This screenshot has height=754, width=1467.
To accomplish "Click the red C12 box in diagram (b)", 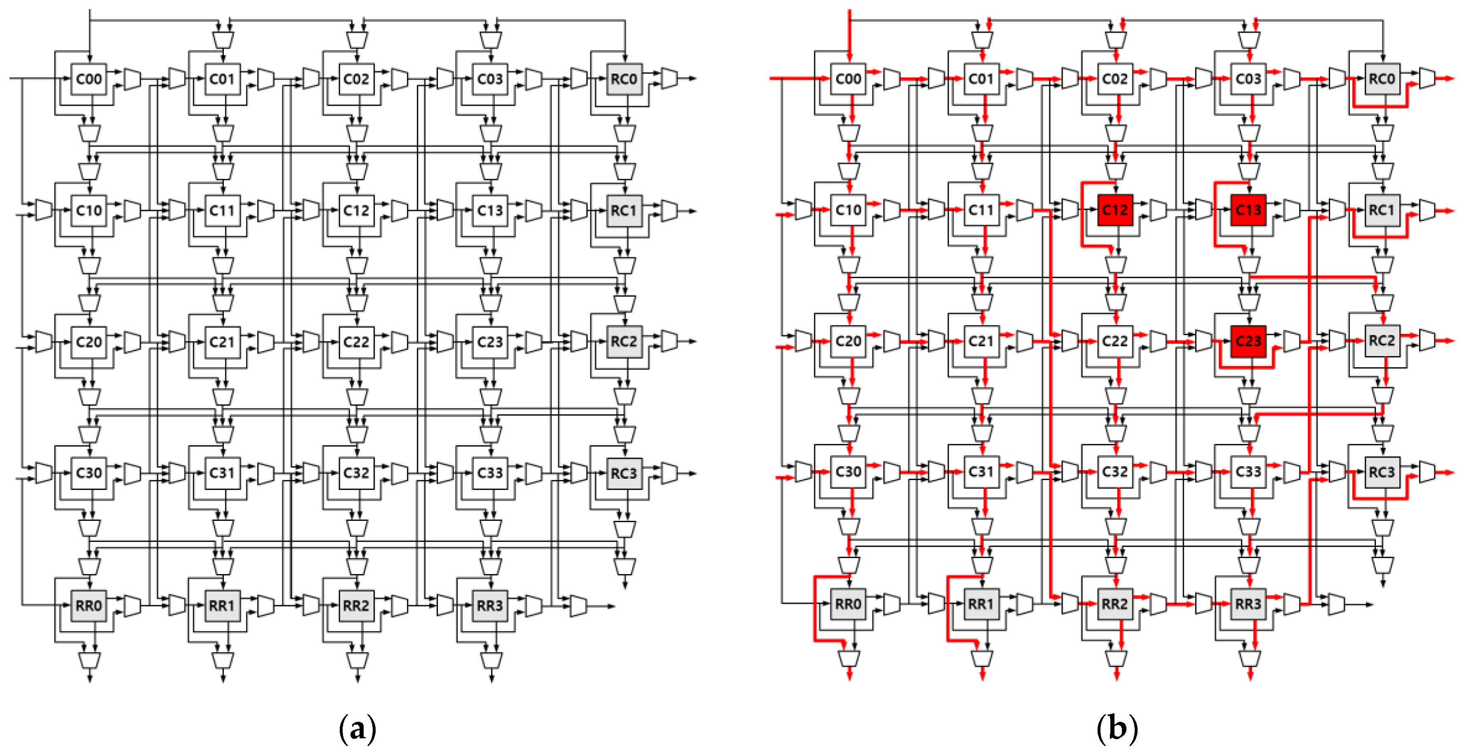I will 1114,210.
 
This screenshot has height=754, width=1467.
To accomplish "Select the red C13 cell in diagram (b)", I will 1248,210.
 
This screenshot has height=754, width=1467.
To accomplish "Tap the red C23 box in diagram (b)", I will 1248,341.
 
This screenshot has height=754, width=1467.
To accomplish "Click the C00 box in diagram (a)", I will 89,79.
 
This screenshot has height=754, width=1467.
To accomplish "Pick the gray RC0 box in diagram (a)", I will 624,79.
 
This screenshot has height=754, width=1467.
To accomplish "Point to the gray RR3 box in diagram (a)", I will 490,605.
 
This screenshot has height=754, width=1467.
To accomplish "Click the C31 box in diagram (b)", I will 981,472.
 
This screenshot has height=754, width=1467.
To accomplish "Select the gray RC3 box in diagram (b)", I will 1382,472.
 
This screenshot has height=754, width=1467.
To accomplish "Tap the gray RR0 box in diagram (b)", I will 848,603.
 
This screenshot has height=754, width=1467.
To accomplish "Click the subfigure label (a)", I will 357,728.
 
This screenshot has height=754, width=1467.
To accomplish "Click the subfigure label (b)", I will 1117,728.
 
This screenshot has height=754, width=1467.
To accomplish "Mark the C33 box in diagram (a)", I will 490,473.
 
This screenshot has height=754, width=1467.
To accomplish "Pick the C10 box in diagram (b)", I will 848,210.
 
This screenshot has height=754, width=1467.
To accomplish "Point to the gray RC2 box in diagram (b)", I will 1382,341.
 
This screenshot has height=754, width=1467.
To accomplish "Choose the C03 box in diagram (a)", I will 490,79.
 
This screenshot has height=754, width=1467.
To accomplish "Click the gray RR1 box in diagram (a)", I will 222,605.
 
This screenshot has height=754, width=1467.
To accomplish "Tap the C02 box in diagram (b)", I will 1114,79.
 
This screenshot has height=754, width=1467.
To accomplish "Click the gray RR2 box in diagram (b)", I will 1114,603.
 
